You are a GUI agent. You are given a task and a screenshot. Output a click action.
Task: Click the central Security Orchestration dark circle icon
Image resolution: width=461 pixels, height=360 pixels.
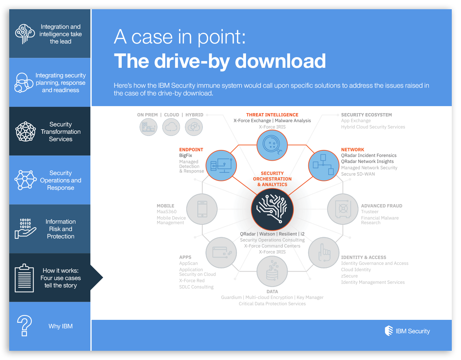tap(272, 209)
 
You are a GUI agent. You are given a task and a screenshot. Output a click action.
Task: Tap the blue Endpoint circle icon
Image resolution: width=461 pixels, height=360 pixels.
tap(221, 165)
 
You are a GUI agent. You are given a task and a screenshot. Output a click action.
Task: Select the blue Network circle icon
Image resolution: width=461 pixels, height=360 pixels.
tap(323, 165)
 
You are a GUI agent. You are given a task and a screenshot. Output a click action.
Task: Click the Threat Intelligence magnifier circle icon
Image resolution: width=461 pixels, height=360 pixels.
tap(272, 145)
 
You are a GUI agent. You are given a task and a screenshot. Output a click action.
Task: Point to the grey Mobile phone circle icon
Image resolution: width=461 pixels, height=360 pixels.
tap(202, 209)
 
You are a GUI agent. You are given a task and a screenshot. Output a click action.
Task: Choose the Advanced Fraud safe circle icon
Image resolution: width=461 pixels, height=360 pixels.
tap(343, 209)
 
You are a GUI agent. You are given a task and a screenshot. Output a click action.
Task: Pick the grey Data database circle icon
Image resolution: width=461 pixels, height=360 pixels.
tap(272, 271)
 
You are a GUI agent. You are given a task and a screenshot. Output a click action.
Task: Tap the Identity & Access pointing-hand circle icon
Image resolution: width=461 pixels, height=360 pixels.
tap(323, 253)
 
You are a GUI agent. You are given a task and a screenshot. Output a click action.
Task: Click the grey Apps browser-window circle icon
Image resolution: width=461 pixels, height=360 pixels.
tap(221, 253)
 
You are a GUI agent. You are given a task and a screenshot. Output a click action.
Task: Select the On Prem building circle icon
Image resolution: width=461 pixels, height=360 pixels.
tap(149, 127)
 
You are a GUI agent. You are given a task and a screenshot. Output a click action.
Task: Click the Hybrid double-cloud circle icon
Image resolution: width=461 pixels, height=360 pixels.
tap(194, 127)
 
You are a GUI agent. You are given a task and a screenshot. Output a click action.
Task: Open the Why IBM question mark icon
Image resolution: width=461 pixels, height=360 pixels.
tap(25, 326)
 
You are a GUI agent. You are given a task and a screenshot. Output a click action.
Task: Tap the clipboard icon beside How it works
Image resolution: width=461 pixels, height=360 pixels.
tap(24, 278)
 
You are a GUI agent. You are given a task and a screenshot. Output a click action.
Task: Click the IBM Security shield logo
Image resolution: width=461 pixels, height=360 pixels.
tap(389, 331)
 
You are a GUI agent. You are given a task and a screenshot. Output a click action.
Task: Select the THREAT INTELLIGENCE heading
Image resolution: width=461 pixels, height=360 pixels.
tap(272, 115)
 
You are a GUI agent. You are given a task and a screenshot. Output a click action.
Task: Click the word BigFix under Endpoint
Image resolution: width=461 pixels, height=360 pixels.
tap(186, 155)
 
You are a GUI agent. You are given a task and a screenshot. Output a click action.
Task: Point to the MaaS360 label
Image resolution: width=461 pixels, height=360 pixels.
tap(167, 212)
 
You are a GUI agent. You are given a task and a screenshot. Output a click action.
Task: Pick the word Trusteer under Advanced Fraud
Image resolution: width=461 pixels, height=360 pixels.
tap(370, 212)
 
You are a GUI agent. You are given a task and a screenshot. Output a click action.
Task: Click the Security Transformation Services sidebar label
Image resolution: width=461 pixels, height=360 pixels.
tap(60, 132)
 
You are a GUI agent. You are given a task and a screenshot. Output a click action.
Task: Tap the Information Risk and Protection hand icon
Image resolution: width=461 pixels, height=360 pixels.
tap(25, 228)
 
